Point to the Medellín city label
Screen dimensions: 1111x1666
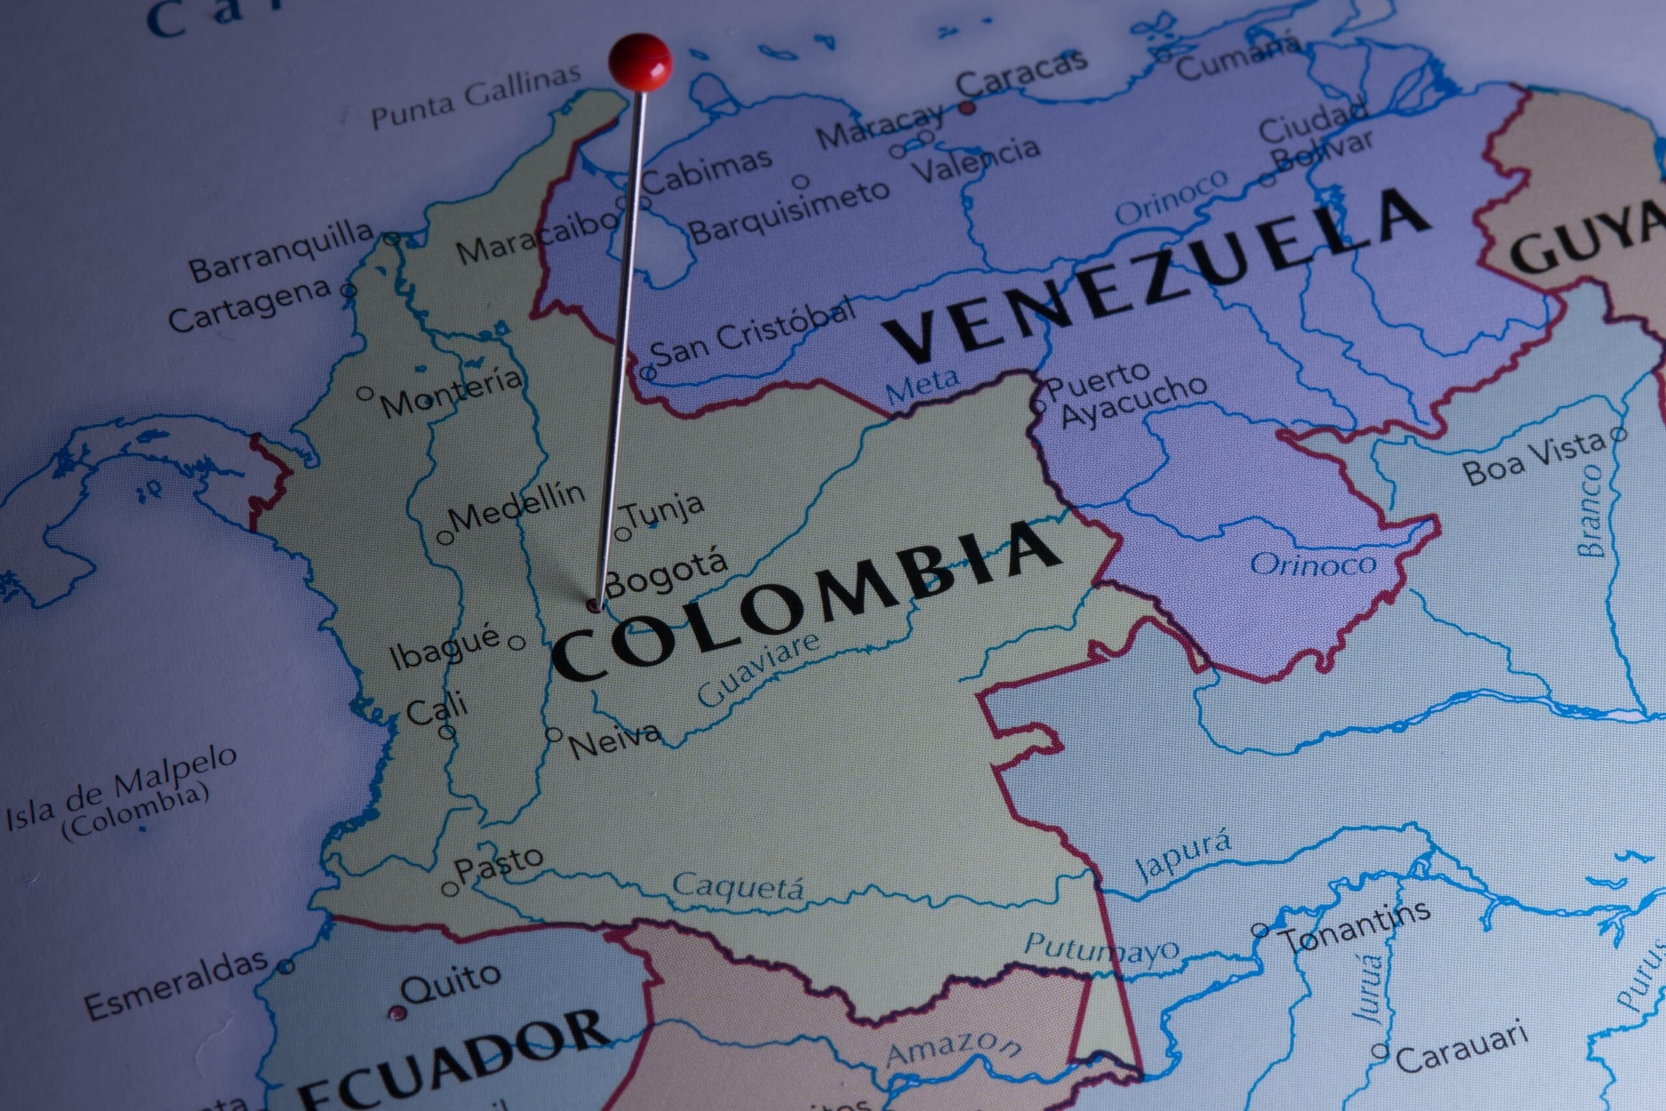[x=516, y=506]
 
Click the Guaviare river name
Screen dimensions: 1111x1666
[x=758, y=669]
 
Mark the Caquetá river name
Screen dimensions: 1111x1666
[x=737, y=886]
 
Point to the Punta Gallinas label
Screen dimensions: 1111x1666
[x=475, y=96]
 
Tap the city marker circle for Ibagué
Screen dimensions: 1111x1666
[x=517, y=642]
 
